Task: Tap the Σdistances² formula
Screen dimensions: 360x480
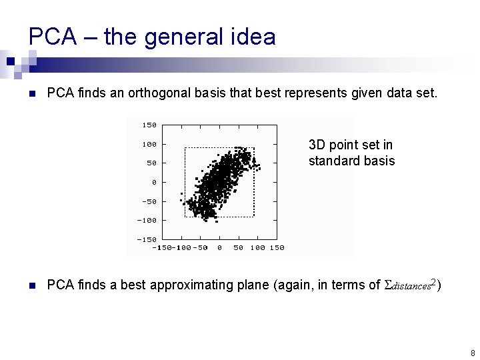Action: [411, 285]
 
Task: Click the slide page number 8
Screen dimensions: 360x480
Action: [472, 353]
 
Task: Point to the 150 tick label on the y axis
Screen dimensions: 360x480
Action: [149, 125]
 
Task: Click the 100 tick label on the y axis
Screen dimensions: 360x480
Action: [149, 144]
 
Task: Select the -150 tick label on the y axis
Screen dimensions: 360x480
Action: [146, 239]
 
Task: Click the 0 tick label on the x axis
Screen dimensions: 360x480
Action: [219, 248]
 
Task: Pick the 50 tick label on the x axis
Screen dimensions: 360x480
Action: [238, 248]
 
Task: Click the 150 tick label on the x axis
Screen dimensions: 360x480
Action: [277, 248]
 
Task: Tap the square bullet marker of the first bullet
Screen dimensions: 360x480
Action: [31, 93]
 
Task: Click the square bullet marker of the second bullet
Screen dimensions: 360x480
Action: [31, 286]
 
